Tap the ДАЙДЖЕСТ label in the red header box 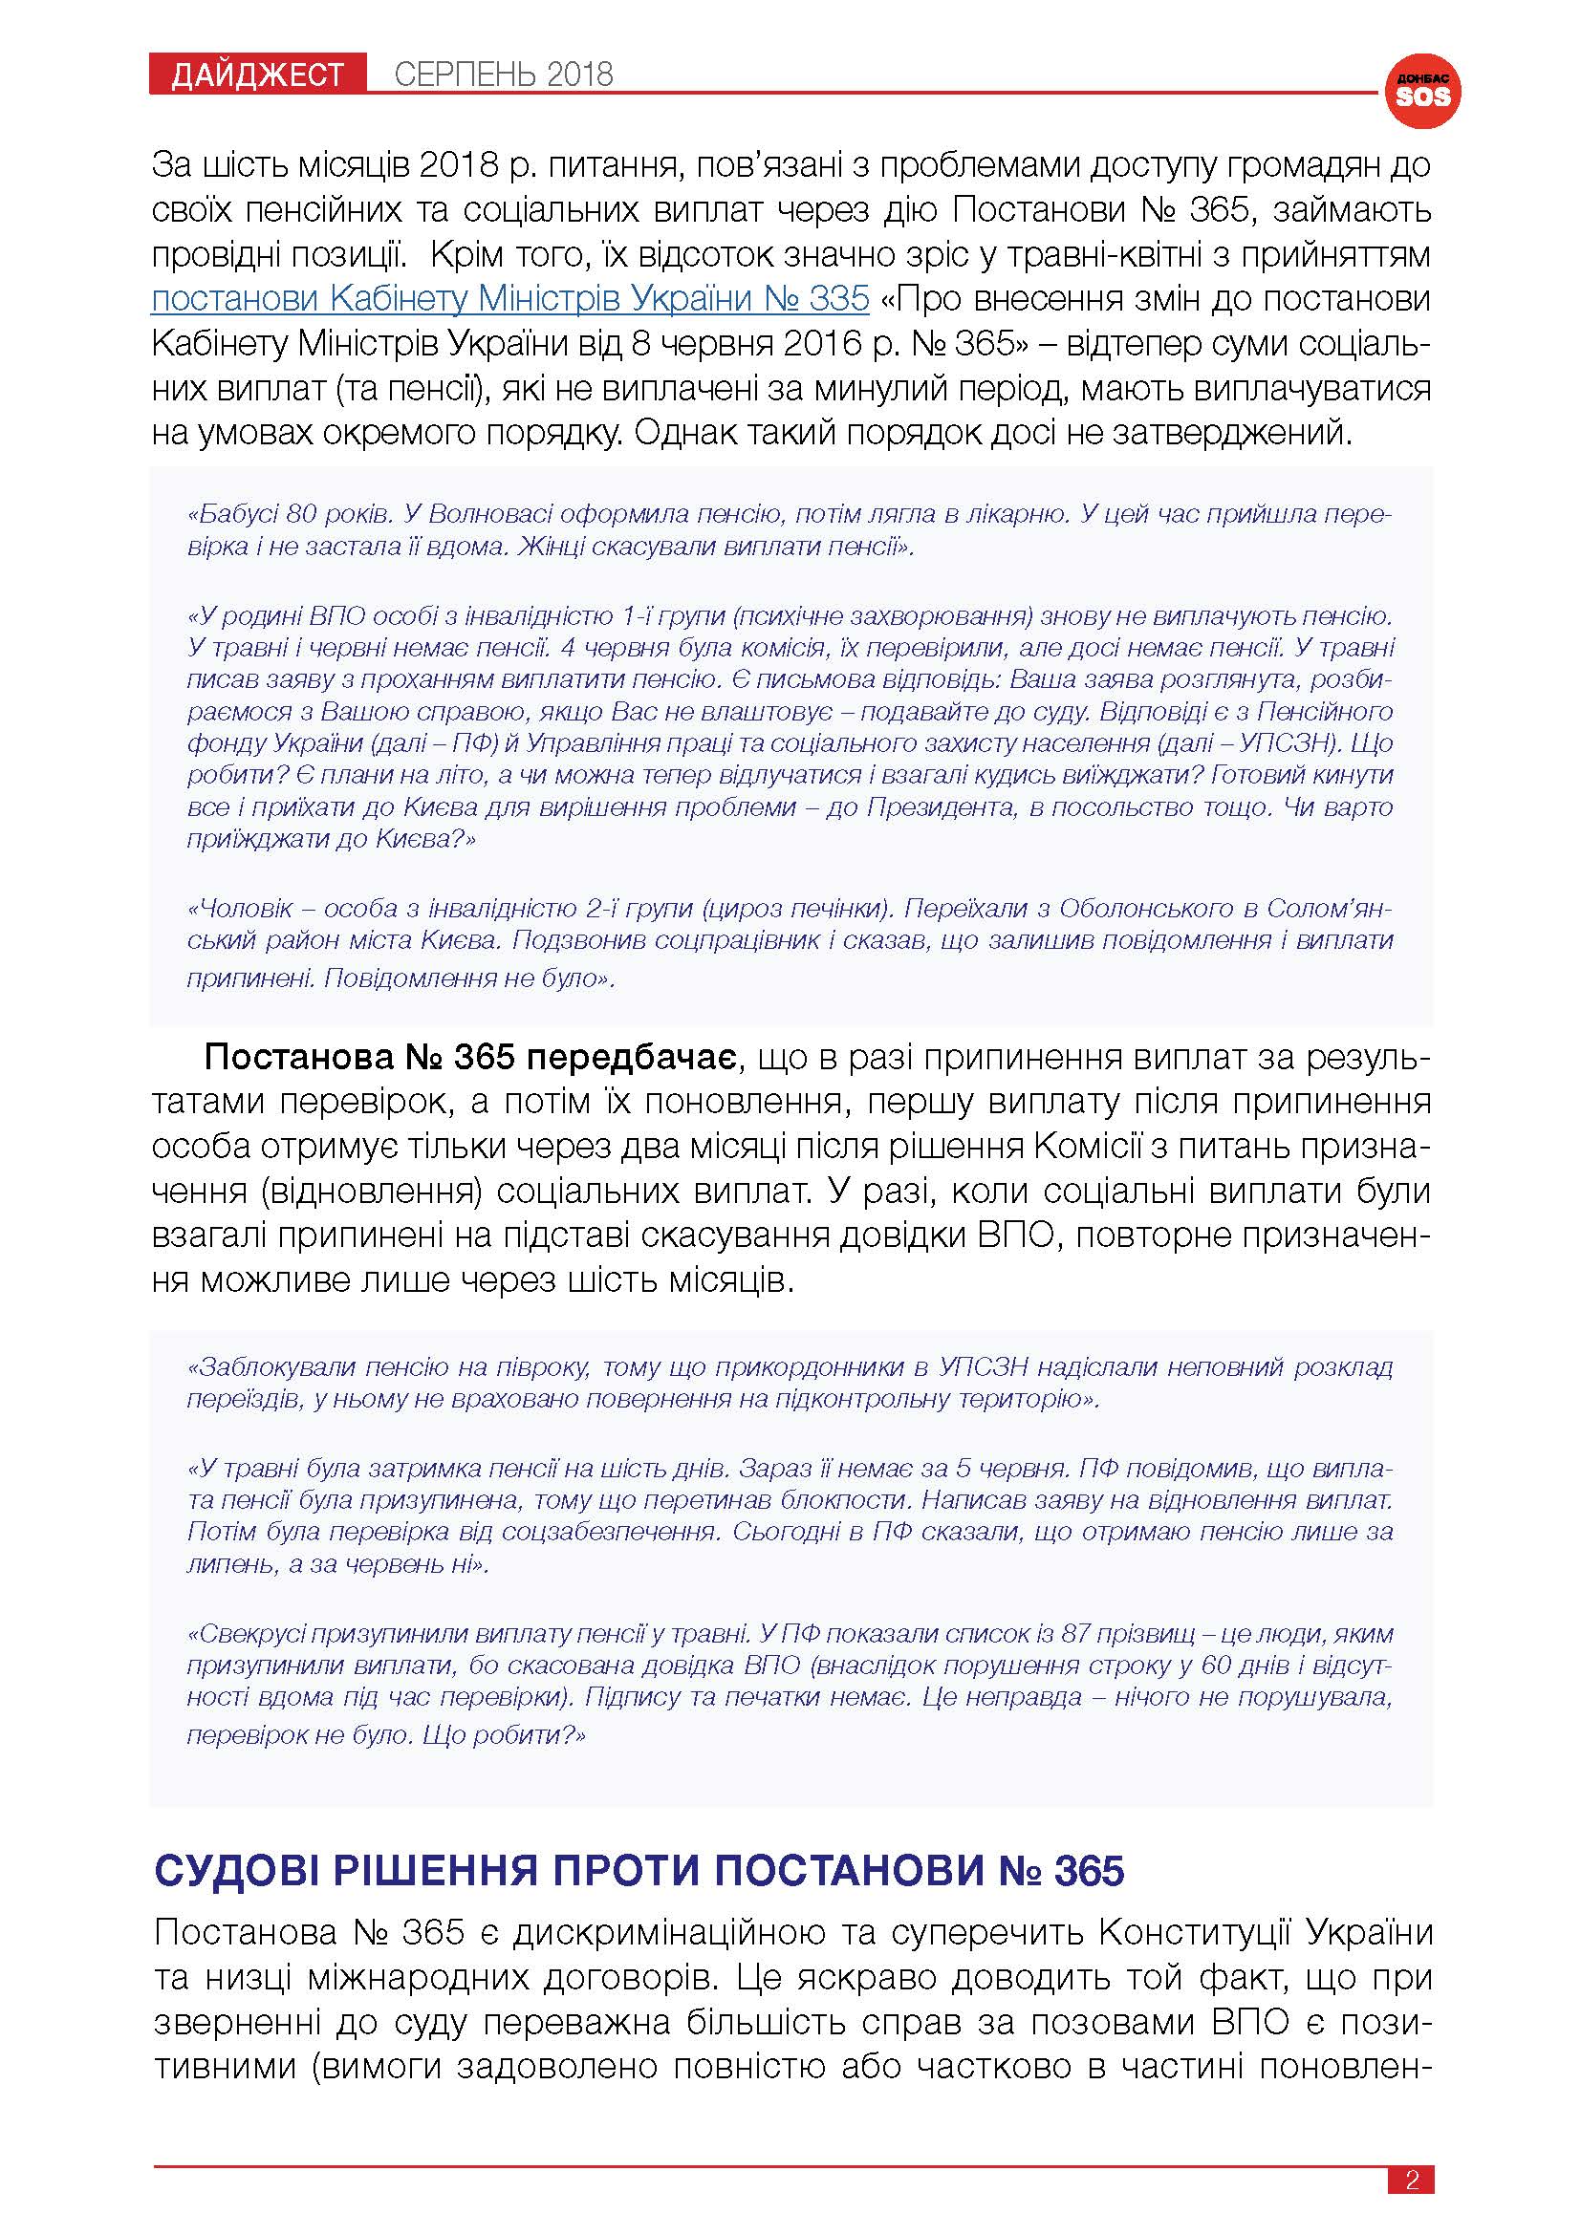point(258,75)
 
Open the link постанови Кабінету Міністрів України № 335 point(510,298)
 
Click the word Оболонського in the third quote point(1144,908)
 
